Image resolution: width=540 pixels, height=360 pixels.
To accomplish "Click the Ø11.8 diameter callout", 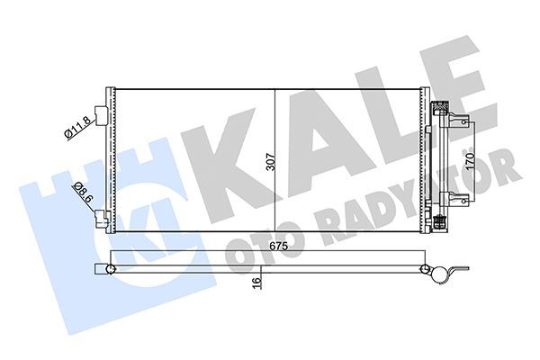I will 77,128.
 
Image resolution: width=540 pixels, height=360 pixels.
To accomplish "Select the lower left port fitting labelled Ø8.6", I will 105,217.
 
